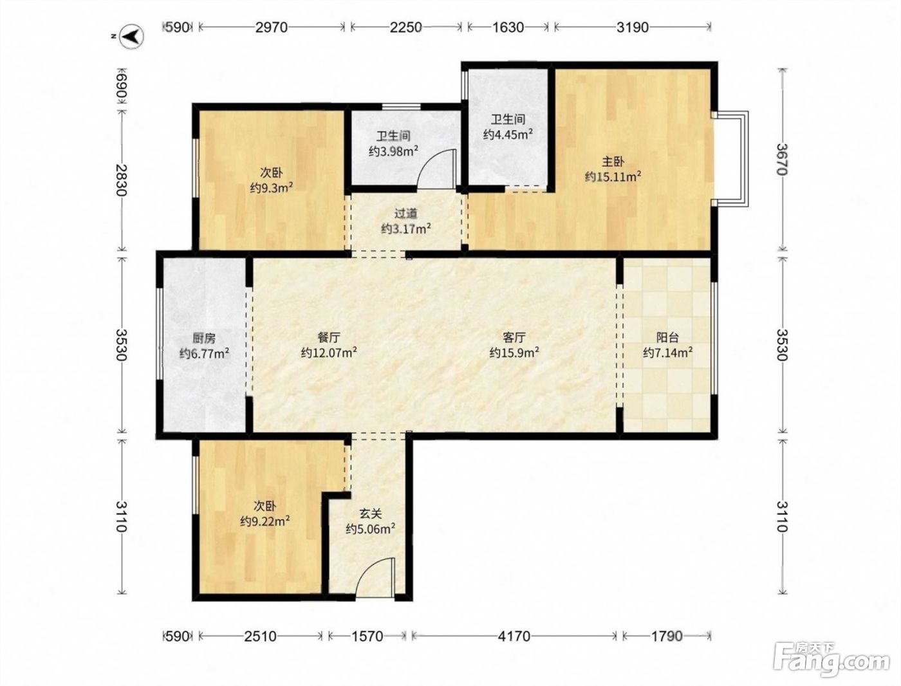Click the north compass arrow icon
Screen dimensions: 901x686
132,37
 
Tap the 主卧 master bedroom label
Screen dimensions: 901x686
613,162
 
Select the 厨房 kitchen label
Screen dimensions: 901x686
203,338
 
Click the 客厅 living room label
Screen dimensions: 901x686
514,337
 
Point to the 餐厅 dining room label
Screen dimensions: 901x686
328,337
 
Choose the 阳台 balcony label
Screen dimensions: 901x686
667,337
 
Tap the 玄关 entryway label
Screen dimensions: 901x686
371,514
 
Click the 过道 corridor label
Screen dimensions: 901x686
405,214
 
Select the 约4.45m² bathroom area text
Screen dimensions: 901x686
508,134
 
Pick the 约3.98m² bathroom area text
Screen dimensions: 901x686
393,151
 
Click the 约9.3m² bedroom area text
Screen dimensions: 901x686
272,188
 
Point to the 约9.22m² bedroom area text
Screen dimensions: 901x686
265,521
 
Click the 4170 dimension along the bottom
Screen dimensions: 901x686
514,636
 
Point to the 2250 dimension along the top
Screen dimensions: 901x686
405,27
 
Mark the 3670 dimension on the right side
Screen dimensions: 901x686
783,159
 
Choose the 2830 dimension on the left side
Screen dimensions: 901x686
121,180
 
